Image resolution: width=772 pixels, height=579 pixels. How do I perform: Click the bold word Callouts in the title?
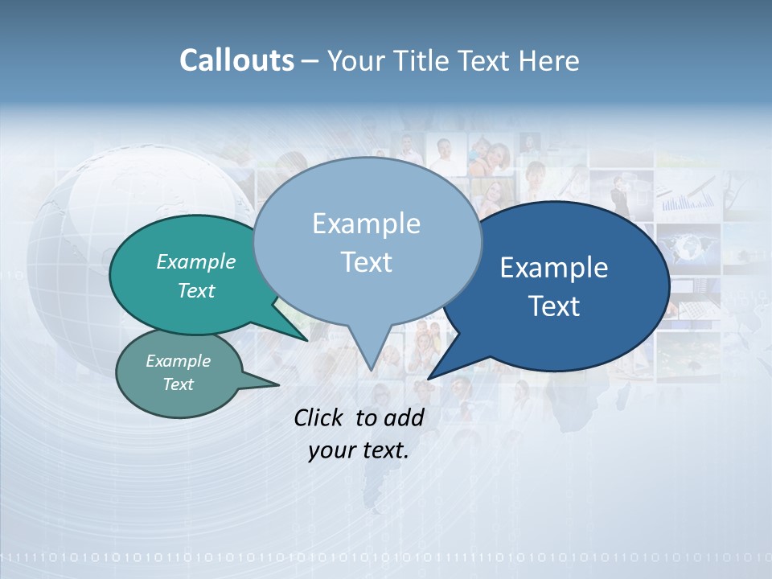(x=236, y=60)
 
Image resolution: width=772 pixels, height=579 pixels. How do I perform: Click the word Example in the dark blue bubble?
(x=554, y=268)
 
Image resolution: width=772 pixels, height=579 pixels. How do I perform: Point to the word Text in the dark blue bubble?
(x=554, y=306)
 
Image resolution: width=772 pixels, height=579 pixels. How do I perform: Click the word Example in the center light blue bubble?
(x=366, y=224)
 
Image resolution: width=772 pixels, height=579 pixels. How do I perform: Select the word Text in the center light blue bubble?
(x=366, y=262)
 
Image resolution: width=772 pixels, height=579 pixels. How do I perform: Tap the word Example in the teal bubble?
(x=196, y=261)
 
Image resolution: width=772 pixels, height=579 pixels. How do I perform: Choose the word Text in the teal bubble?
(x=196, y=290)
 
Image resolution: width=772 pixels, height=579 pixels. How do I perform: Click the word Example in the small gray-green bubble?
(x=178, y=361)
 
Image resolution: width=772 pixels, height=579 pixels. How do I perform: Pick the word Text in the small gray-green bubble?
(x=178, y=384)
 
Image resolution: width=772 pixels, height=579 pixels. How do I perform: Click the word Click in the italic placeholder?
(x=319, y=417)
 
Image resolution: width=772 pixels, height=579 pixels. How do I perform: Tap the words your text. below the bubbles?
(x=359, y=450)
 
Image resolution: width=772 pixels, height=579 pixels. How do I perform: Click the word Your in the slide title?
(x=355, y=60)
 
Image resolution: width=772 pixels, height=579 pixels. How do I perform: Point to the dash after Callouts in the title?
(x=310, y=61)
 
